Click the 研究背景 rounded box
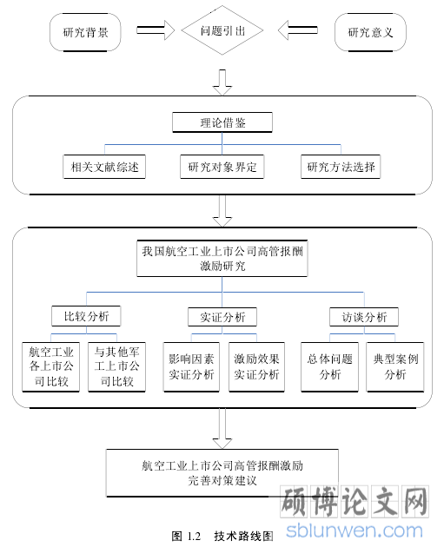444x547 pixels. coord(85,32)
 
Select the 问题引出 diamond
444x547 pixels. coord(222,30)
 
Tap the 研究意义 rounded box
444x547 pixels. coord(370,32)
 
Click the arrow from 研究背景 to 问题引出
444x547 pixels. coord(156,30)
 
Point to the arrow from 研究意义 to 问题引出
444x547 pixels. coord(298,30)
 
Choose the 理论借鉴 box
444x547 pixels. coord(222,122)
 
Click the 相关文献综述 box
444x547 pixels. coord(104,167)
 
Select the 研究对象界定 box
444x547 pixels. coord(222,167)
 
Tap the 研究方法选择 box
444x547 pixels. coord(341,167)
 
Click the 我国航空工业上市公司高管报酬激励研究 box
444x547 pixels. coord(222,259)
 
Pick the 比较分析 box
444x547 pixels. coord(86,316)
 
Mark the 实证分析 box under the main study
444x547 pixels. coord(222,317)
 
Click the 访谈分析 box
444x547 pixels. coord(364,317)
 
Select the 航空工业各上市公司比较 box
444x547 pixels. coord(51,367)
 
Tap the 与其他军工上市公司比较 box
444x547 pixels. coord(116,367)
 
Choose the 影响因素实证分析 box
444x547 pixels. coord(191,367)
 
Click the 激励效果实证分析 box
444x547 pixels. coord(256,367)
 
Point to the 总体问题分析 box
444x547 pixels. coord(329,367)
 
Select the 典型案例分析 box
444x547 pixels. coord(395,367)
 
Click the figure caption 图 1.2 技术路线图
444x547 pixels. coord(222,536)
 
